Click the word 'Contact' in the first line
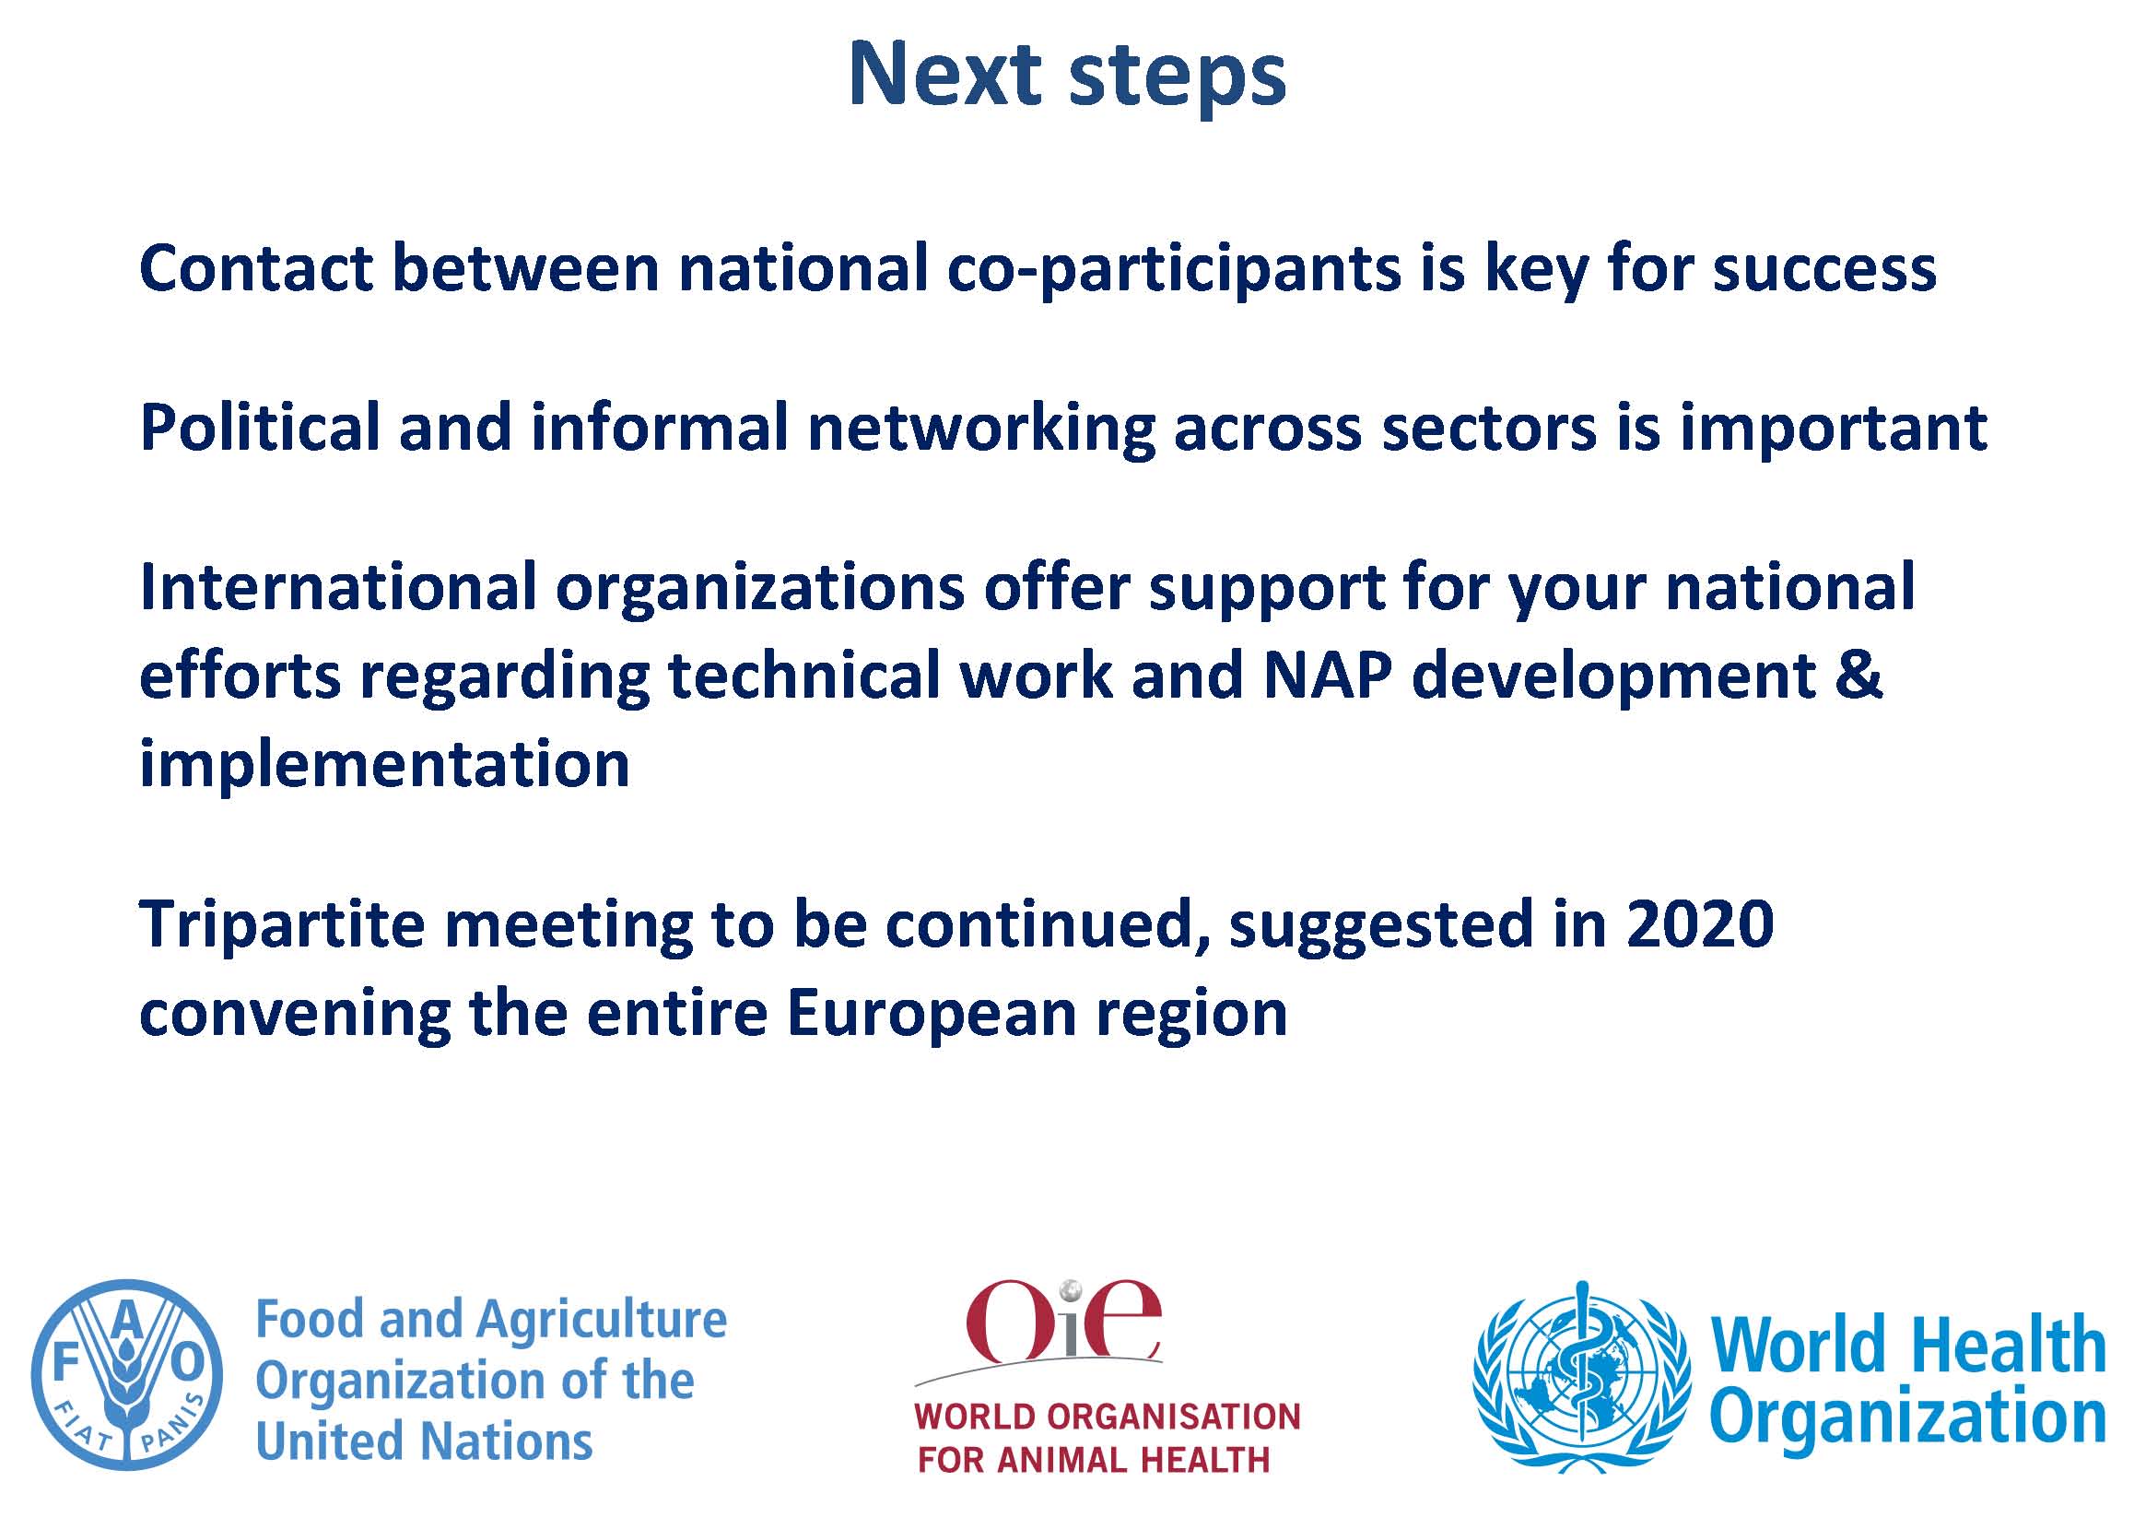click(x=256, y=268)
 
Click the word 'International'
click(x=338, y=587)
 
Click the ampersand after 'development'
click(x=1858, y=676)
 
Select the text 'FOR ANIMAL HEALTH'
click(x=1094, y=1460)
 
